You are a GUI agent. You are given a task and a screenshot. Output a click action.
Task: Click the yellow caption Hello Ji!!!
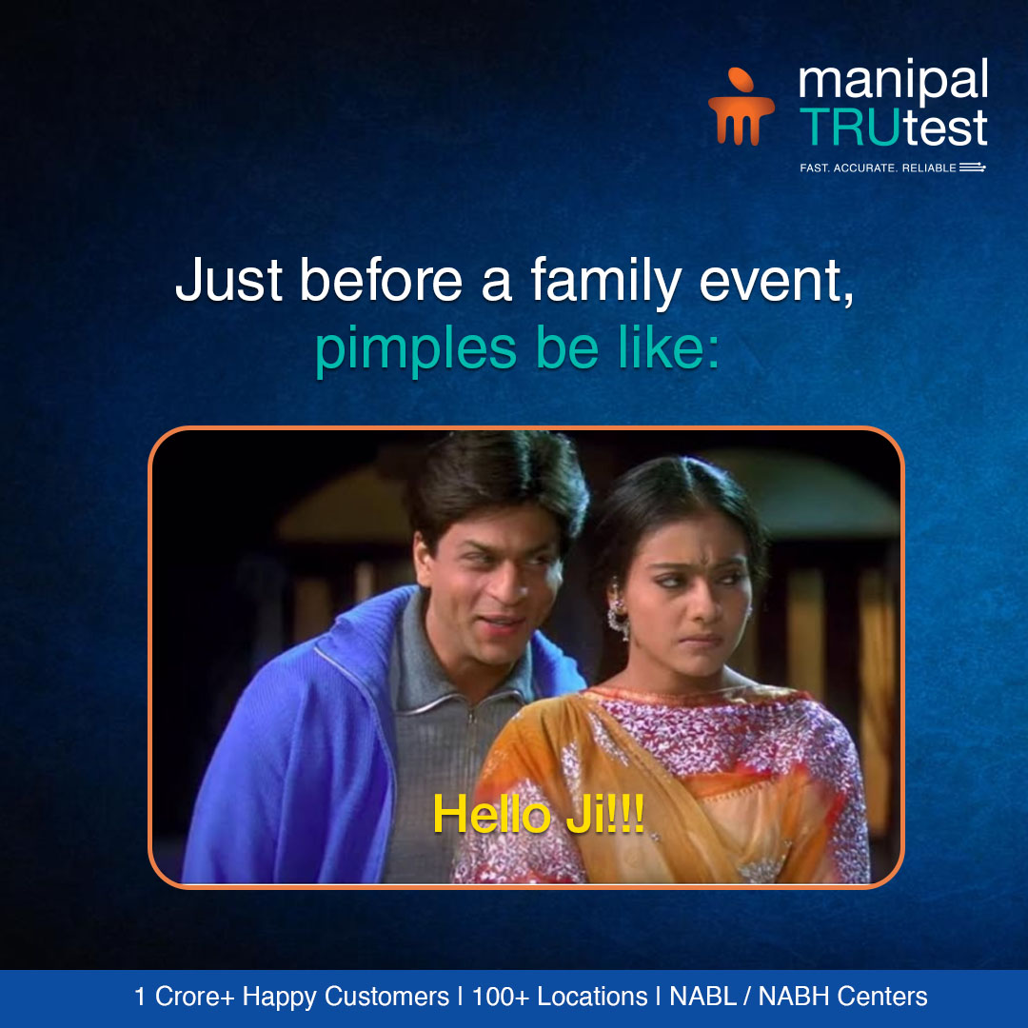pyautogui.click(x=539, y=816)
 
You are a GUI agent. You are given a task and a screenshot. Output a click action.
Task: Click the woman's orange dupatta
pyautogui.click(x=533, y=752)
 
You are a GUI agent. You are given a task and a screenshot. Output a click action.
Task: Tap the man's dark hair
pyautogui.click(x=495, y=485)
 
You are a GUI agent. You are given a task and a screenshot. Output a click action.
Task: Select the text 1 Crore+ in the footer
pyautogui.click(x=186, y=997)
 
